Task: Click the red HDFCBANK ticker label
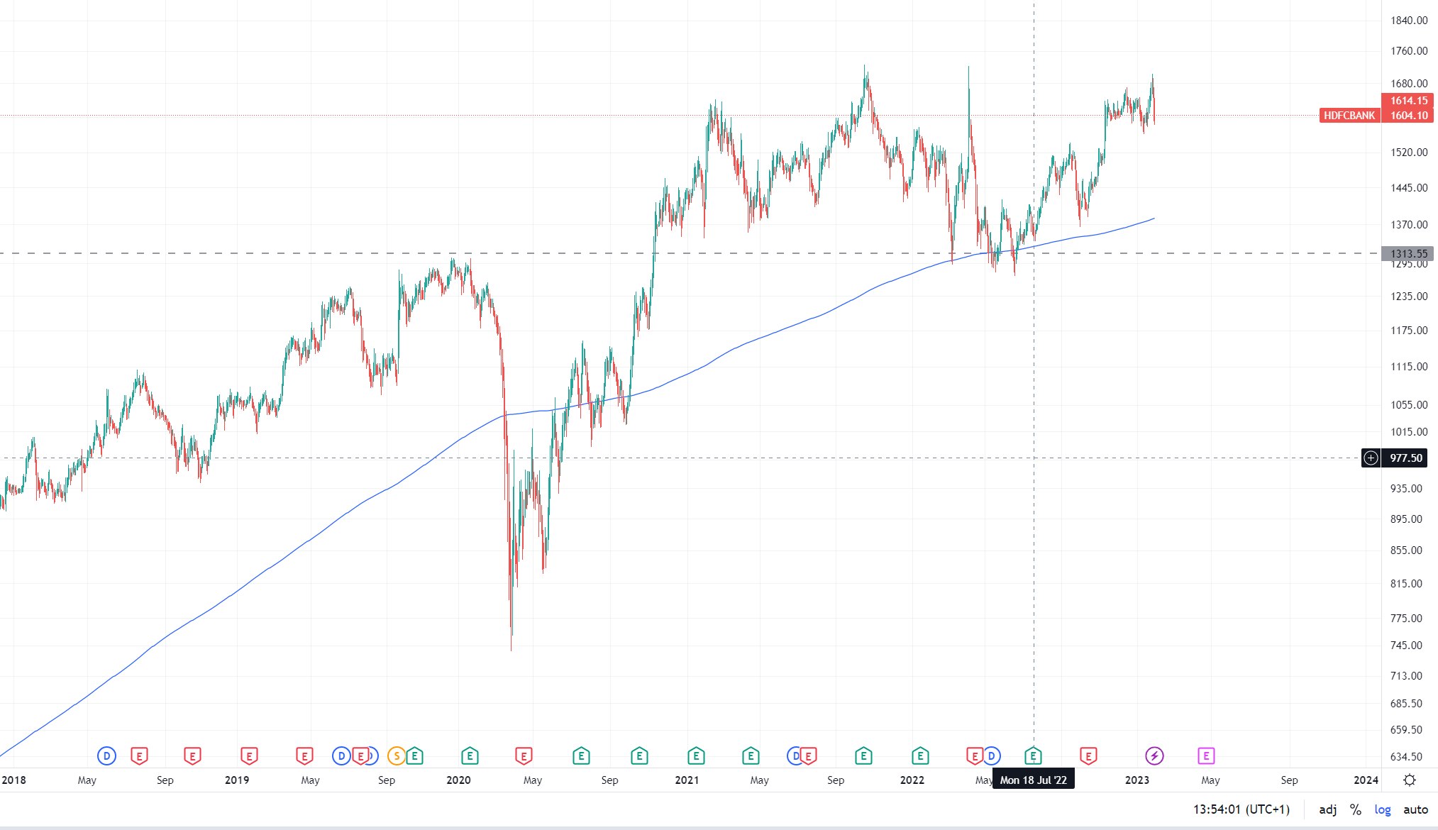[x=1349, y=116]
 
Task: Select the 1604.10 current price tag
[x=1408, y=116]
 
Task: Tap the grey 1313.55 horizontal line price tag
[x=1408, y=253]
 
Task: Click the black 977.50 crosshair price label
[x=1406, y=458]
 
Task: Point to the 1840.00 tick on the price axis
[x=1409, y=21]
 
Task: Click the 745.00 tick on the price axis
[x=1406, y=646]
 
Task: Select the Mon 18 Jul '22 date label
[x=1033, y=780]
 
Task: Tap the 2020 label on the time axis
[x=458, y=780]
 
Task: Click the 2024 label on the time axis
[x=1366, y=780]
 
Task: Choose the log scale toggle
[x=1383, y=809]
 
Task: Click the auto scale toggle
[x=1415, y=809]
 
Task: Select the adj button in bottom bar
[x=1328, y=809]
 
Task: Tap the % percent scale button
[x=1356, y=809]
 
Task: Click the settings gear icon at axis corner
[x=1410, y=780]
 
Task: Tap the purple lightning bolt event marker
[x=1154, y=756]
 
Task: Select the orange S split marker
[x=397, y=756]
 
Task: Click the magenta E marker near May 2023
[x=1206, y=756]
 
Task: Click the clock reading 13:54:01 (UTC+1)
[x=1241, y=809]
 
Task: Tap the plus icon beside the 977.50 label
[x=1371, y=458]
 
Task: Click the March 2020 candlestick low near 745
[x=511, y=647]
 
